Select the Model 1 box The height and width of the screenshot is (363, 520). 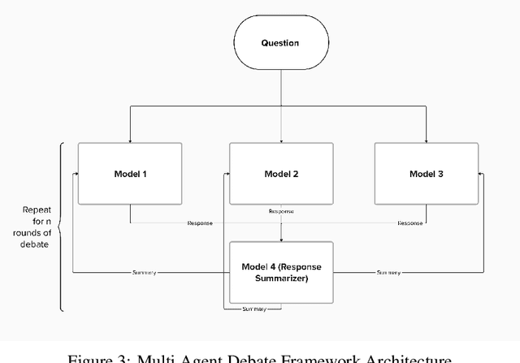coord(129,173)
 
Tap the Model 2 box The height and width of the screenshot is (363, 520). coord(281,173)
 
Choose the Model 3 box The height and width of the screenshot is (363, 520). coord(427,173)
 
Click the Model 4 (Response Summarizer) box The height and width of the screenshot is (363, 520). coord(281,272)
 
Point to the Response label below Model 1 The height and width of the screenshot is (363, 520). coord(199,223)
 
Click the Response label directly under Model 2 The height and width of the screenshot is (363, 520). coord(281,211)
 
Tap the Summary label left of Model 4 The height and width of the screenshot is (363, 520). coord(143,272)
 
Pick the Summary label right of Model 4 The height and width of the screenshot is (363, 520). coord(388,272)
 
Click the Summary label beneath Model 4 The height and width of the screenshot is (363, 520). coord(253,309)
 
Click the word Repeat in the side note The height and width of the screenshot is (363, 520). coord(37,210)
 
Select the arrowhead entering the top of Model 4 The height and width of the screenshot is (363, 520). coord(281,238)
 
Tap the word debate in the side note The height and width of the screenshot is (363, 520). coord(37,244)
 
